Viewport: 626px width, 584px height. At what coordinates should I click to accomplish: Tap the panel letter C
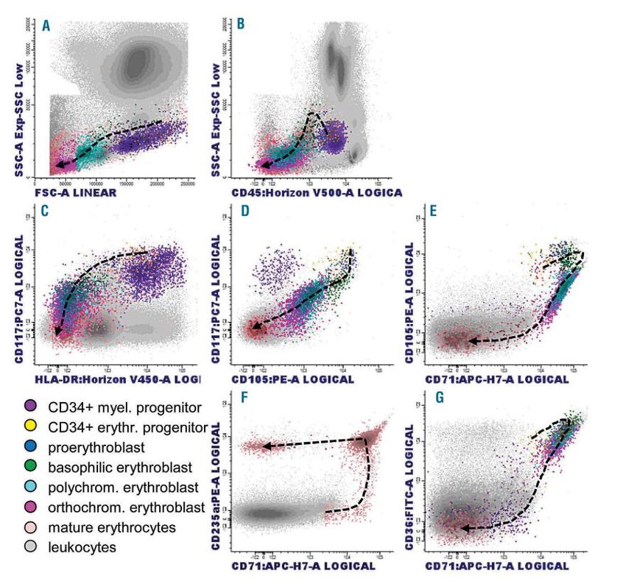click(45, 213)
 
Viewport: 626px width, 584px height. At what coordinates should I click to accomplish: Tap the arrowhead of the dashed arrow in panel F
click(267, 446)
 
